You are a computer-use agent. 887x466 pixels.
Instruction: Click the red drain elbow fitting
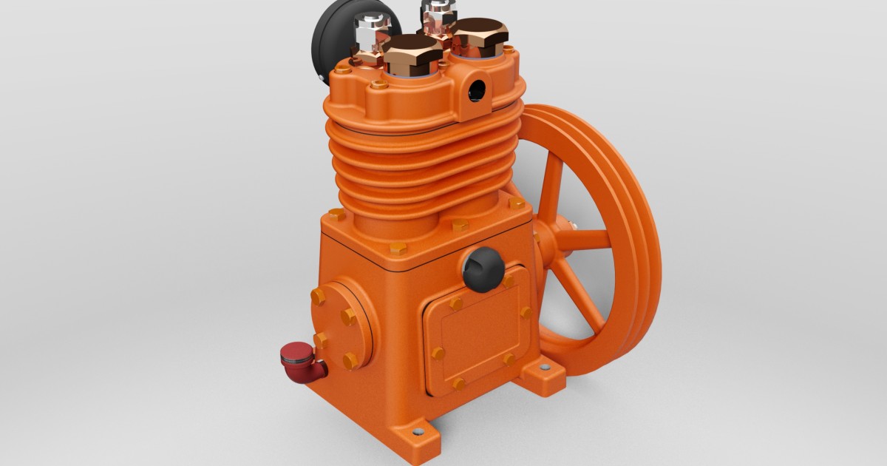[x=303, y=362]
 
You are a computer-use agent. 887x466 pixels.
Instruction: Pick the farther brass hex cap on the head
[x=479, y=34]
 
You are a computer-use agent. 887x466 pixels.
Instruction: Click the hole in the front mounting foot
[x=419, y=430]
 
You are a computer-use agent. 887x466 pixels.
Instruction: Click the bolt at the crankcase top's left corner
[x=336, y=215]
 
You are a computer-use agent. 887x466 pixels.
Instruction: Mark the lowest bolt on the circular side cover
[x=350, y=361]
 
